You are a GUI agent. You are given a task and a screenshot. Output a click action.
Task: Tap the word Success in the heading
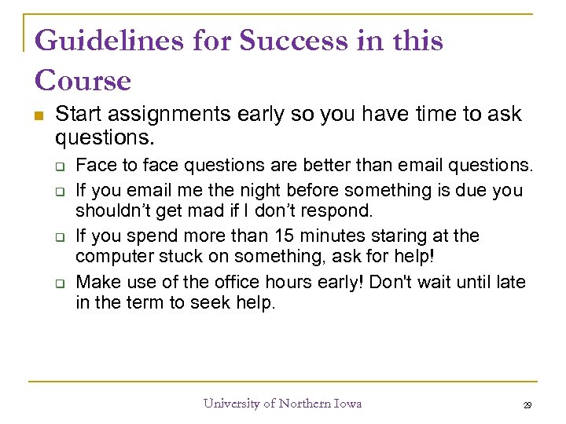click(x=281, y=42)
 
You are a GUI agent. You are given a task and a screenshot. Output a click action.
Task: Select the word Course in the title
click(x=83, y=81)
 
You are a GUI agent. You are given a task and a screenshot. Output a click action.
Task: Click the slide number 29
click(x=527, y=405)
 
